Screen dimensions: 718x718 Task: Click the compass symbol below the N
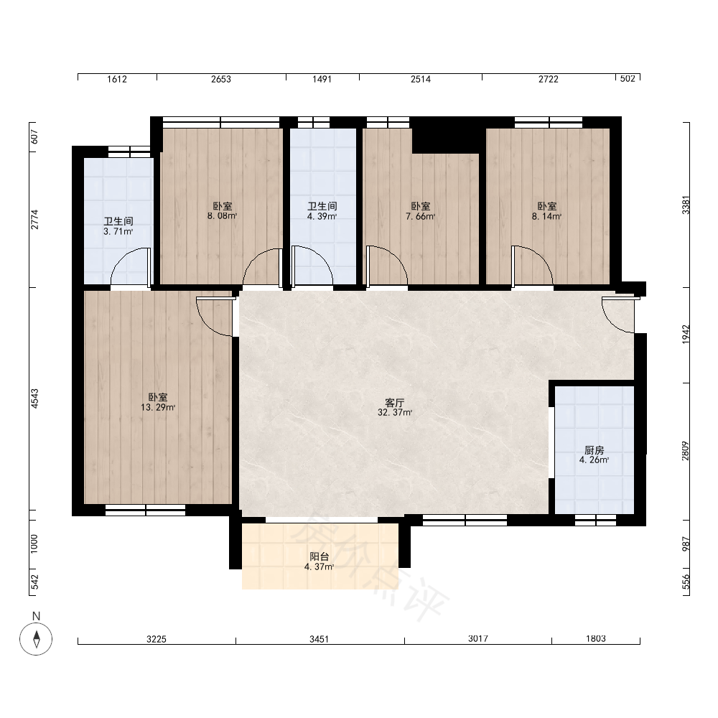[x=36, y=639]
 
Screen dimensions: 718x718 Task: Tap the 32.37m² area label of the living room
[x=395, y=413]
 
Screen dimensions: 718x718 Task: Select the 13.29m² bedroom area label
[x=157, y=408]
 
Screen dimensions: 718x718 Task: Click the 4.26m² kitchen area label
[x=594, y=460]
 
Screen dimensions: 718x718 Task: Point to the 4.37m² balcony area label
[x=320, y=567]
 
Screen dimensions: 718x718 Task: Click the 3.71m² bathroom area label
[x=118, y=232]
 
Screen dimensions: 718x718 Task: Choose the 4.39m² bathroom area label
[x=322, y=217]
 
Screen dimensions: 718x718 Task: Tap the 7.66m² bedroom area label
[x=420, y=217]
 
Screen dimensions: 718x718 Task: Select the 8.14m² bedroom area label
[x=546, y=217]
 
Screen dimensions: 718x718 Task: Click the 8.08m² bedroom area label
[x=222, y=216]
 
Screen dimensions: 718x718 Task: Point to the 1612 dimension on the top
[x=117, y=79]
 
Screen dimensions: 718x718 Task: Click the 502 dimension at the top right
[x=628, y=79]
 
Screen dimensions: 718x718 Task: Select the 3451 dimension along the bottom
[x=320, y=639]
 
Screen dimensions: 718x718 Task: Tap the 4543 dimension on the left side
[x=34, y=398]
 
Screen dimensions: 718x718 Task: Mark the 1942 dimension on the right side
[x=686, y=335]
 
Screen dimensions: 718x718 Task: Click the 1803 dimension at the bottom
[x=596, y=639]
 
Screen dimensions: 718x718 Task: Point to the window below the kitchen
[x=595, y=520]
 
